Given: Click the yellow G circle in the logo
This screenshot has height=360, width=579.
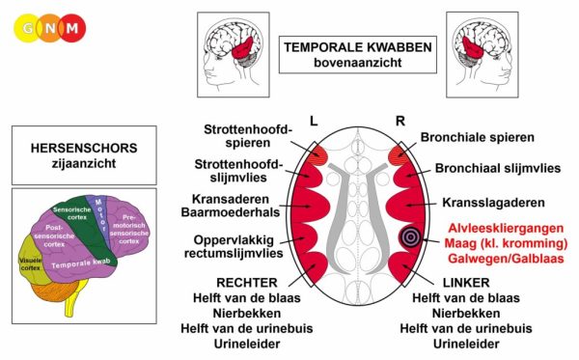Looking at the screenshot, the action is pyautogui.click(x=27, y=28).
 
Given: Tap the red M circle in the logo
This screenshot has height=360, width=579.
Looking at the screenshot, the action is pyautogui.click(x=72, y=28).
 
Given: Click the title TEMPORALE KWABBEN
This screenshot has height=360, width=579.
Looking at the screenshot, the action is pyautogui.click(x=357, y=47).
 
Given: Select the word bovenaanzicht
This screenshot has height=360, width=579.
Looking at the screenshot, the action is pyautogui.click(x=357, y=63).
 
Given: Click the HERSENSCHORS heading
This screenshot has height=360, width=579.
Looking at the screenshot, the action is pyautogui.click(x=84, y=148).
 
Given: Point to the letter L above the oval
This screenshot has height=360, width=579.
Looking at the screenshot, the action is pyautogui.click(x=314, y=121).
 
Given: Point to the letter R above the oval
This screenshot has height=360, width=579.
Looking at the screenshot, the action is pyautogui.click(x=400, y=121).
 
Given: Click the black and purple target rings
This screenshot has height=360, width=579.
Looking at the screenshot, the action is pyautogui.click(x=409, y=236).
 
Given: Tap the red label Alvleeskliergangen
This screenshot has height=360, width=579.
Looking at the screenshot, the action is pyautogui.click(x=506, y=228).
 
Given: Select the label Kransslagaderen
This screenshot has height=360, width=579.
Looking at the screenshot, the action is pyautogui.click(x=493, y=203).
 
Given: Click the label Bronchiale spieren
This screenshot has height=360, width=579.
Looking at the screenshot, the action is pyautogui.click(x=477, y=137).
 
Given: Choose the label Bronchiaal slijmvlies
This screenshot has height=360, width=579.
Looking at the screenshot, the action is pyautogui.click(x=498, y=168).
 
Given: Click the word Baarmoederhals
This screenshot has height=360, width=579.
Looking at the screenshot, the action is pyautogui.click(x=231, y=212).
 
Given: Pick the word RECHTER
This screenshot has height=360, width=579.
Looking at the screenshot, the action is pyautogui.click(x=247, y=283).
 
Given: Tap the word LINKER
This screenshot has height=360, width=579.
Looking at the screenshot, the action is pyautogui.click(x=466, y=283).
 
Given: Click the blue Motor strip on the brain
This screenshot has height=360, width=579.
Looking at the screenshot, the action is pyautogui.click(x=99, y=218).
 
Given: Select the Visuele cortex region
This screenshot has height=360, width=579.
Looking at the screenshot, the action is pyautogui.click(x=32, y=263).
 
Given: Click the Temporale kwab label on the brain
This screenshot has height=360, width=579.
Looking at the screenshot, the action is pyautogui.click(x=81, y=264).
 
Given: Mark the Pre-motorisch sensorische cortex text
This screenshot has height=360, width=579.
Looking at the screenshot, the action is pyautogui.click(x=129, y=229).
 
